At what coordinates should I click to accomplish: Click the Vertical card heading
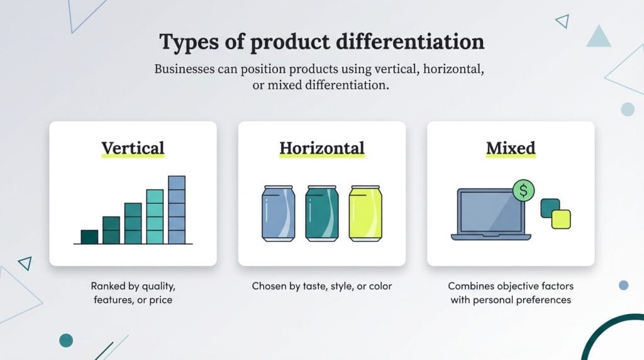pyautogui.click(x=133, y=149)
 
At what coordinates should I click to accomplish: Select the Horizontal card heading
pyautogui.click(x=321, y=149)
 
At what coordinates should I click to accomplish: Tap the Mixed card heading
pyautogui.click(x=510, y=149)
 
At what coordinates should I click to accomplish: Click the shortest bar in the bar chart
pyautogui.click(x=89, y=237)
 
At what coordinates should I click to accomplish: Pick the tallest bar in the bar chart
pyautogui.click(x=177, y=210)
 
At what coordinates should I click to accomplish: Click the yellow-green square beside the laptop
pyautogui.click(x=561, y=219)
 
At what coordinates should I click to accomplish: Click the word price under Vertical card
pyautogui.click(x=160, y=300)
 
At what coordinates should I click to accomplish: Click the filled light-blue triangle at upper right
pyautogui.click(x=599, y=38)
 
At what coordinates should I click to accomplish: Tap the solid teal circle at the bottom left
pyautogui.click(x=66, y=340)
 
